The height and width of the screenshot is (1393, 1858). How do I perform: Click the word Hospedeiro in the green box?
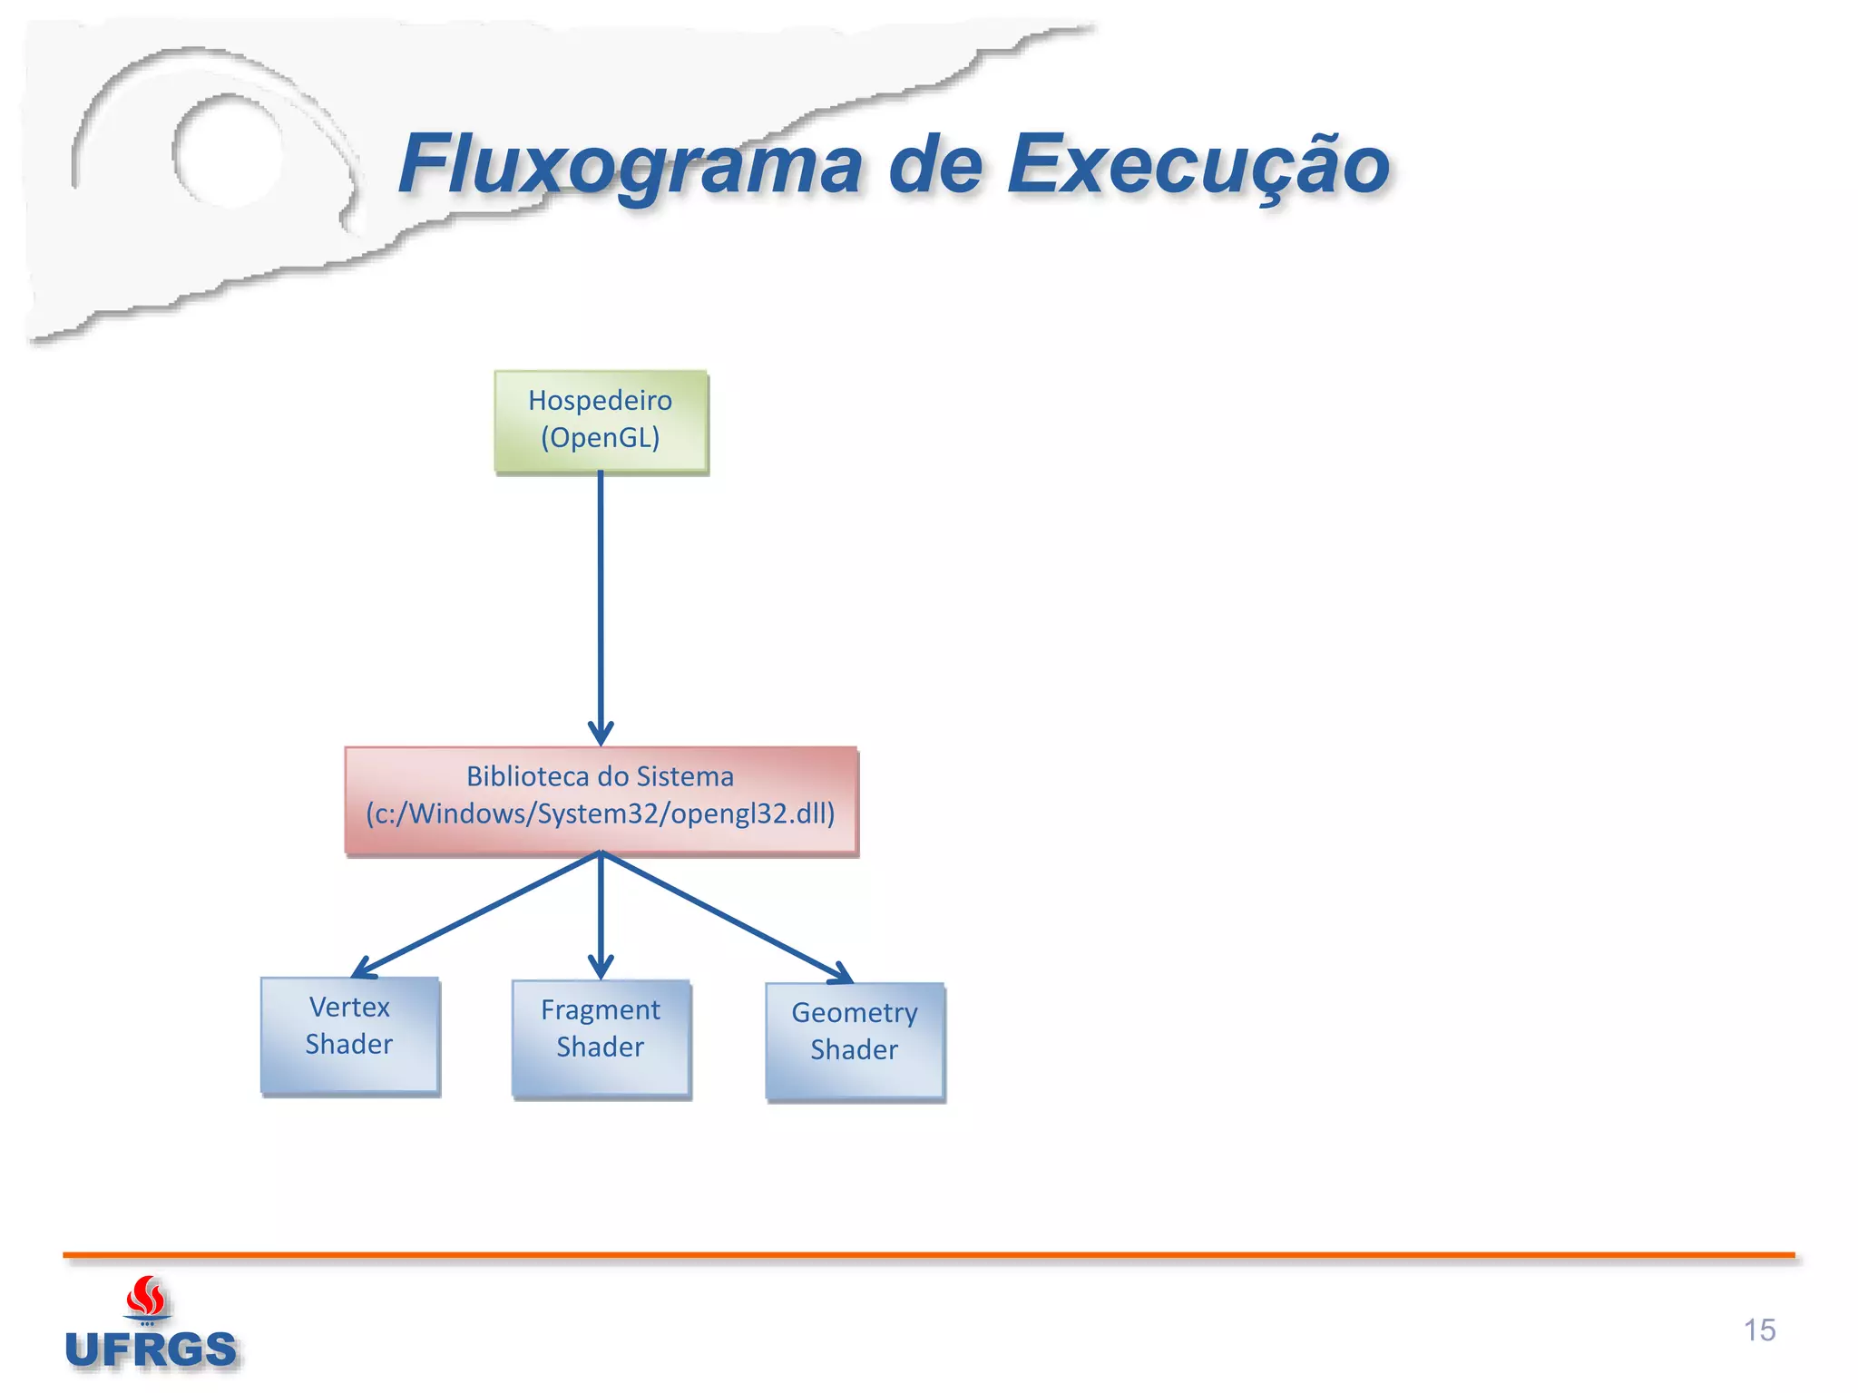pyautogui.click(x=600, y=400)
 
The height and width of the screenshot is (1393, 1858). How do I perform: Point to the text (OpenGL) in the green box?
pyautogui.click(x=600, y=438)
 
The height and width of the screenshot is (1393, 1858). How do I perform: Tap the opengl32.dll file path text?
pyautogui.click(x=600, y=813)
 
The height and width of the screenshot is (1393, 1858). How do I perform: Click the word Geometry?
pyautogui.click(x=854, y=1012)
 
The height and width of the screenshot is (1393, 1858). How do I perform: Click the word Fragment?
pyautogui.click(x=600, y=1009)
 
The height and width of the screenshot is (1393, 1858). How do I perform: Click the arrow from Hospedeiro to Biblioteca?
pyautogui.click(x=600, y=608)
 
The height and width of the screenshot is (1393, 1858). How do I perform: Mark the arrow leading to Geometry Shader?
pyautogui.click(x=726, y=916)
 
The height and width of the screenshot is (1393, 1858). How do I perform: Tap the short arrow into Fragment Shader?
pyautogui.click(x=600, y=916)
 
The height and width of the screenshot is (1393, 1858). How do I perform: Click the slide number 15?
pyautogui.click(x=1758, y=1330)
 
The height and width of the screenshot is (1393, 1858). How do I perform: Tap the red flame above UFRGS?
pyautogui.click(x=146, y=1297)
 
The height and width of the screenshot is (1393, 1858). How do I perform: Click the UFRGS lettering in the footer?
pyautogui.click(x=151, y=1349)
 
